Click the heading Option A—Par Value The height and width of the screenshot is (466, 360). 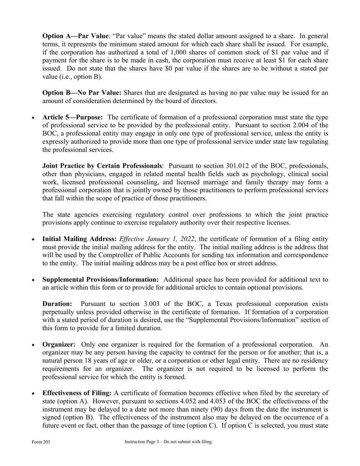75,36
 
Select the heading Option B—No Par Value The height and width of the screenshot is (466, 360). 81,93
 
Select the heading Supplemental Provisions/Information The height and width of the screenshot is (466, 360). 100,280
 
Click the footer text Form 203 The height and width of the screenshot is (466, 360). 41,442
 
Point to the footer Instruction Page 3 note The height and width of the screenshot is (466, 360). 169,442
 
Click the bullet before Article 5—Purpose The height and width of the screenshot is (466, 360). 34,118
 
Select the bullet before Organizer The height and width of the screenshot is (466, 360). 34,345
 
